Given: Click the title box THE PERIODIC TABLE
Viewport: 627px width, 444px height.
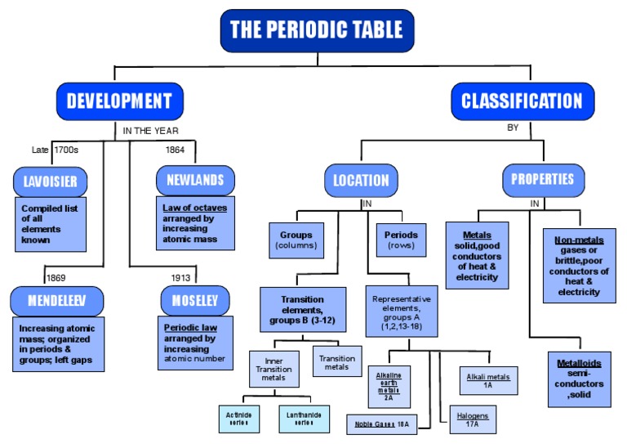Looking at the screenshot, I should (x=317, y=30).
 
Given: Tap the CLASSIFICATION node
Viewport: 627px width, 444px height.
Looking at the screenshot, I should (x=522, y=101).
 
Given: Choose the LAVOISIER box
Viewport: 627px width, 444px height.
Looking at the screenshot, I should (x=50, y=181).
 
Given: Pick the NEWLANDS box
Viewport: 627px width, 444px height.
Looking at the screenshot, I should (x=195, y=180).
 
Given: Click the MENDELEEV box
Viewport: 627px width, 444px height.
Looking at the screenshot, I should (x=56, y=301).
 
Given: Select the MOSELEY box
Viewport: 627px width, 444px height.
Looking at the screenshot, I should (x=195, y=301).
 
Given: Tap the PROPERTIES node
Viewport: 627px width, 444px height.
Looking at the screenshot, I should (x=542, y=179).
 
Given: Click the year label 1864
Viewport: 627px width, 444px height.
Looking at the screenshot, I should (x=175, y=150).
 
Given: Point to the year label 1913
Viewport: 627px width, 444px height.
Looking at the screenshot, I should (x=181, y=278).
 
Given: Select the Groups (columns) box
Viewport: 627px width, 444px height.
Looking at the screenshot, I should (x=296, y=240).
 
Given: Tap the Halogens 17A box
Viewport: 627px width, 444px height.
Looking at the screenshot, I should (x=473, y=420).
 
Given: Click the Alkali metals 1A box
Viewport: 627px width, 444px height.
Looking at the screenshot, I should (x=488, y=381).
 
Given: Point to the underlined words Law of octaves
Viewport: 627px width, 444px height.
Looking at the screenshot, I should (x=195, y=208).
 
